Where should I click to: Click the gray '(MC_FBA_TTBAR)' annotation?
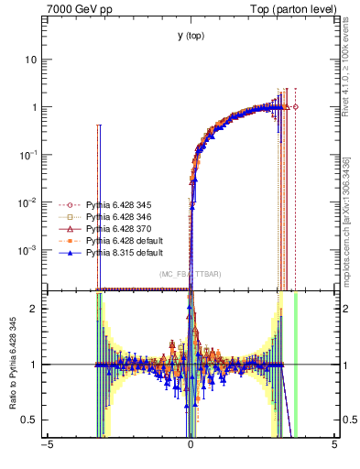[x=190, y=274]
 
